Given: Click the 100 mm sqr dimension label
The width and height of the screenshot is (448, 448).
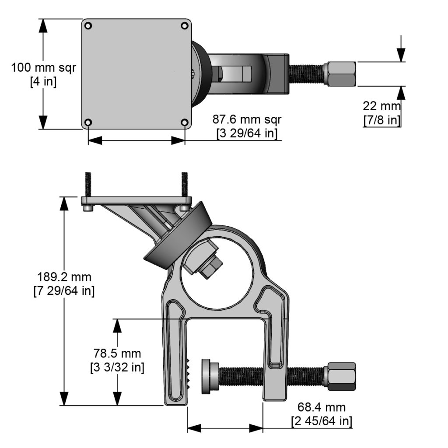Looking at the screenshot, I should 43,68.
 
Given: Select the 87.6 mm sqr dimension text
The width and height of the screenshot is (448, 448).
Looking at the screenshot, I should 247,119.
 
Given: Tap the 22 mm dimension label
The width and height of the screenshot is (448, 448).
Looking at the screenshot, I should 381,106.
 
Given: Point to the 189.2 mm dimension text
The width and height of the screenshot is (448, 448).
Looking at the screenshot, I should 64,277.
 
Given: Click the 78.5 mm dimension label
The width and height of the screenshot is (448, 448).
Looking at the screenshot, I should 117,353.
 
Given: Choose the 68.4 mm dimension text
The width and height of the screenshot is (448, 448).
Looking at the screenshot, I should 322,407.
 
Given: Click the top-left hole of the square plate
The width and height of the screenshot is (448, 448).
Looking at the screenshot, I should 88,26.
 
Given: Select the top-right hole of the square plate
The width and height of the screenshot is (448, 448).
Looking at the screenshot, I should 185,26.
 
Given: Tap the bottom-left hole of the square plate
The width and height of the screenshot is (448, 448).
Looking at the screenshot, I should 88,122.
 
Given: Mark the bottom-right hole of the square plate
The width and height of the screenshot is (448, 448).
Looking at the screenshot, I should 185,122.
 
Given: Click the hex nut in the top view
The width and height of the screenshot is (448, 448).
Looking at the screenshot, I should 340,74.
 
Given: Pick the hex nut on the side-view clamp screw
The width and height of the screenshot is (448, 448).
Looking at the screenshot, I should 340,377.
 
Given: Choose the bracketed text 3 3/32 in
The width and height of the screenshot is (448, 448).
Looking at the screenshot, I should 117,367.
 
